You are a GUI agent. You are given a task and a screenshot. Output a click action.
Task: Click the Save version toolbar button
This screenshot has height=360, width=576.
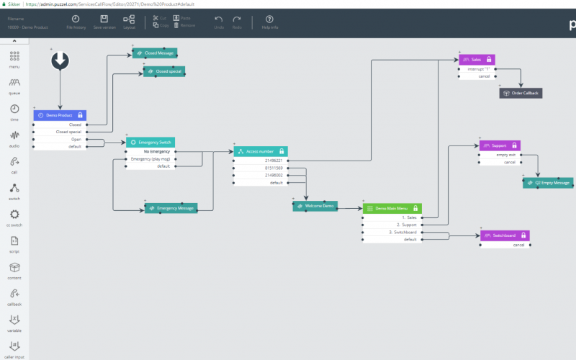point(104,21)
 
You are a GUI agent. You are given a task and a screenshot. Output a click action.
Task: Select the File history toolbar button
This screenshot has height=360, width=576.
point(76,21)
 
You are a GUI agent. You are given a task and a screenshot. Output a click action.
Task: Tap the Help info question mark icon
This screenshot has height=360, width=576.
point(270,21)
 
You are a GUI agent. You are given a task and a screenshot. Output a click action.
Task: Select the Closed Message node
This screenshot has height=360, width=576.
point(156,53)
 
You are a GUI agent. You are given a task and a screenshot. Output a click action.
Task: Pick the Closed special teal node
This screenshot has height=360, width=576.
point(164,71)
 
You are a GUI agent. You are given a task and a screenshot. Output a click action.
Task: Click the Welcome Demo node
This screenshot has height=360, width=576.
point(315,206)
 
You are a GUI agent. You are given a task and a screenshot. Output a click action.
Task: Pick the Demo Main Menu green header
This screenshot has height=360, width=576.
point(392,208)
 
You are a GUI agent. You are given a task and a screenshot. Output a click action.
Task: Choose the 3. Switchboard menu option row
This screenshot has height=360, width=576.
point(392,232)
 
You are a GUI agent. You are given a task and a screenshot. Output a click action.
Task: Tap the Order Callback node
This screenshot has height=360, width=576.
point(520,93)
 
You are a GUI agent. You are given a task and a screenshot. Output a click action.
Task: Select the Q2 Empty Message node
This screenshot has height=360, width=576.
point(548,183)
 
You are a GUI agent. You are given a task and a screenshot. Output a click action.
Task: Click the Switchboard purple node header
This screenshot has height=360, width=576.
point(504,235)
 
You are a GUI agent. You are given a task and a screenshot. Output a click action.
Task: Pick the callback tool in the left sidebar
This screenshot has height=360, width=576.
point(14,297)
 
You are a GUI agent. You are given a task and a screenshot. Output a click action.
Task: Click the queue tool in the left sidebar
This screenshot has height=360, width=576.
point(14,85)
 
